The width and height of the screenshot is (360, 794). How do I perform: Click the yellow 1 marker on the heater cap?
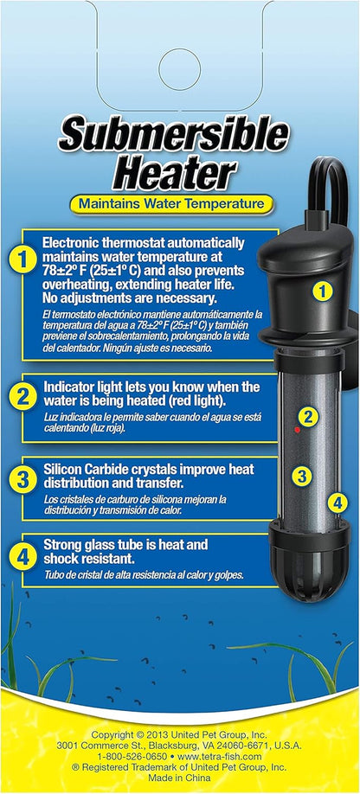tap(321, 291)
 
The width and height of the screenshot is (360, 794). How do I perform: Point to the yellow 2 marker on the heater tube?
tap(309, 416)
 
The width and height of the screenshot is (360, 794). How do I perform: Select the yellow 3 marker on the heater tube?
tap(301, 475)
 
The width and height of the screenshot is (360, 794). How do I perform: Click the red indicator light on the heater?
tap(296, 429)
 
